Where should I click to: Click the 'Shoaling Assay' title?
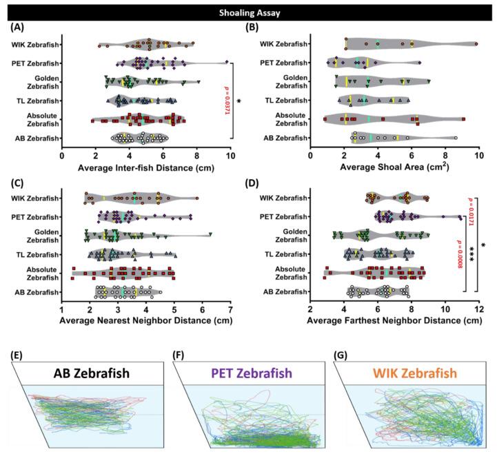[x=248, y=11]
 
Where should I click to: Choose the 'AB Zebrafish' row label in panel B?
[x=285, y=138]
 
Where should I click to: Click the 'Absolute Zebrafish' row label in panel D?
[x=285, y=273]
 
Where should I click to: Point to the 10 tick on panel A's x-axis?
[x=230, y=156]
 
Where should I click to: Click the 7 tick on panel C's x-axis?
[x=230, y=309]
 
